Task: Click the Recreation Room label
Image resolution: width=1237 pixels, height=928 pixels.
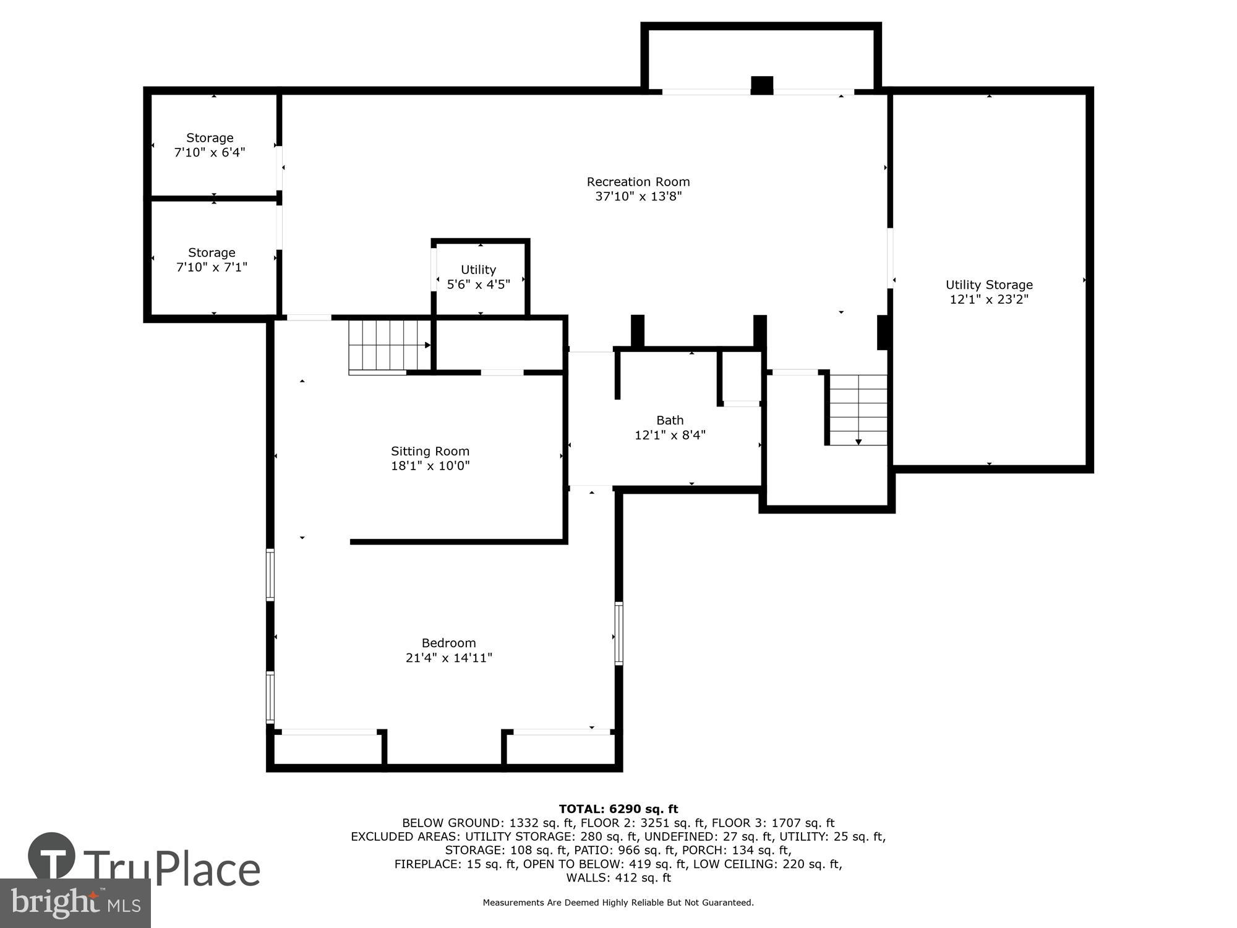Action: click(638, 182)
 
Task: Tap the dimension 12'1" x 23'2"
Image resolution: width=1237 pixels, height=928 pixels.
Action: click(989, 299)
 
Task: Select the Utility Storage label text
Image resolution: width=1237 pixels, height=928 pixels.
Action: click(989, 285)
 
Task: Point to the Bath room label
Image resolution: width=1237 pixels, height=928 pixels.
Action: click(670, 420)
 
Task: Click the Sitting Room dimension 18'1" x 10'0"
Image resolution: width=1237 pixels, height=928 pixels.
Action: click(430, 466)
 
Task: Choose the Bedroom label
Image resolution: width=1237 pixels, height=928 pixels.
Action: click(448, 643)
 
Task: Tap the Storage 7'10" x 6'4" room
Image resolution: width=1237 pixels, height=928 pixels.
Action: click(210, 145)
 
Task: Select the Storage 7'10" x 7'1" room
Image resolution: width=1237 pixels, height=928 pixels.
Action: click(212, 259)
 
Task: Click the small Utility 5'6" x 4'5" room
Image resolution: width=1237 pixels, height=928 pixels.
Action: click(479, 277)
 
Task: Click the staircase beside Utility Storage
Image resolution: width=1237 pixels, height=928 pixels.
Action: click(858, 410)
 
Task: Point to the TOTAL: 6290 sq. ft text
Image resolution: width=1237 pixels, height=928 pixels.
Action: click(618, 809)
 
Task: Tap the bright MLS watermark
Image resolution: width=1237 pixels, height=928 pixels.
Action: click(75, 903)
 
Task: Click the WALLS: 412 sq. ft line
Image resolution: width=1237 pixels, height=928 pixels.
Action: click(618, 877)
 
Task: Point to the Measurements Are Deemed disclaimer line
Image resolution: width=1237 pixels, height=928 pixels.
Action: click(618, 903)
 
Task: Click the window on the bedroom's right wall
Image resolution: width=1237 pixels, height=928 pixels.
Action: click(618, 633)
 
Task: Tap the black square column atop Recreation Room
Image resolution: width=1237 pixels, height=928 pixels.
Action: click(761, 85)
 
